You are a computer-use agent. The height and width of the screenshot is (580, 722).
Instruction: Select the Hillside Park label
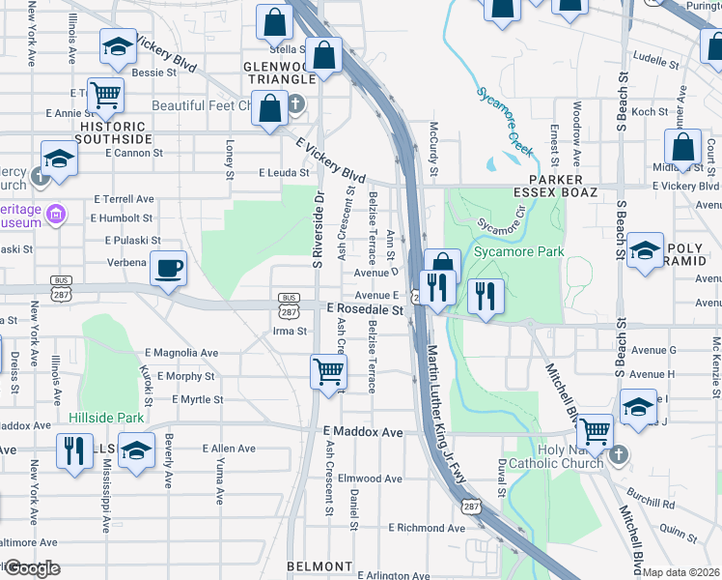point(106,418)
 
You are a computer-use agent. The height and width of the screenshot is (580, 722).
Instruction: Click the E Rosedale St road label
point(364,310)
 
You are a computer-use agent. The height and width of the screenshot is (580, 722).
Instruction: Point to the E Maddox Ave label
point(362,432)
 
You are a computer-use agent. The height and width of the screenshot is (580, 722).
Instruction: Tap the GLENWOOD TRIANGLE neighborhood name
point(280,72)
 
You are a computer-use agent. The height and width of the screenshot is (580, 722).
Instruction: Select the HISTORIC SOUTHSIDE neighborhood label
point(116,133)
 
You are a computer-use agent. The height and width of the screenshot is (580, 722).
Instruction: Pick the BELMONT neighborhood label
point(319,565)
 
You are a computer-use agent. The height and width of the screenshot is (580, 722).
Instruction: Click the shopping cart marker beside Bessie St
point(105,96)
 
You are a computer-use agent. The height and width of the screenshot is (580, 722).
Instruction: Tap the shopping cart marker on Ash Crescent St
point(329,371)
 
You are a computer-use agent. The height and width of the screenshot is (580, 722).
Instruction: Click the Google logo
point(32,568)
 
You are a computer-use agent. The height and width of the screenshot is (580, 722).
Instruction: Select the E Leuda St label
point(283,173)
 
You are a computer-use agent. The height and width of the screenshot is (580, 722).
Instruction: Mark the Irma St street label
point(290,331)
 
